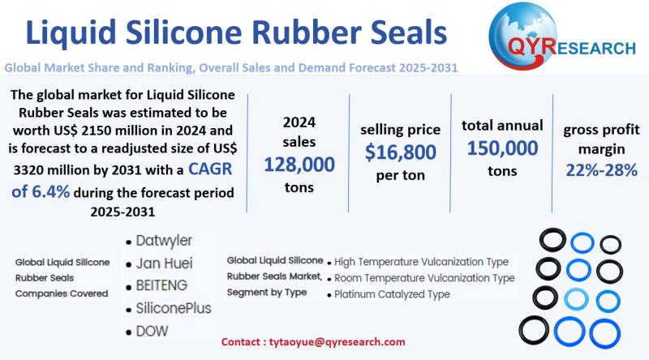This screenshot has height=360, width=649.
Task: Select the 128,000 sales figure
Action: point(299,165)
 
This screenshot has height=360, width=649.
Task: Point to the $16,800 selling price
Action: point(401,152)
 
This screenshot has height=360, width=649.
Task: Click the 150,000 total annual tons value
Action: point(501,148)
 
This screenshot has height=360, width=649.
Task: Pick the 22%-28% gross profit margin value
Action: point(601,170)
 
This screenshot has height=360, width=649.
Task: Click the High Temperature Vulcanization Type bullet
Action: point(421,262)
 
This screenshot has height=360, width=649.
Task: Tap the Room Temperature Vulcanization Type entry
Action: point(424,278)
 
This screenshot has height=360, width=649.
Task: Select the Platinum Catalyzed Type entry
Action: point(392,294)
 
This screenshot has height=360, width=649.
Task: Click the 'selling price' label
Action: point(401,129)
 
